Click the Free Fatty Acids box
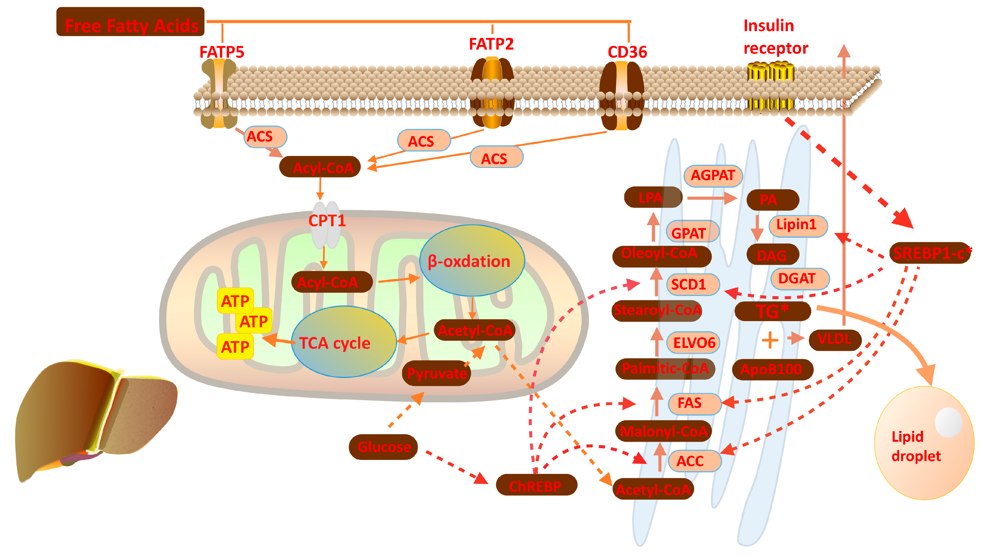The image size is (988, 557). (x=130, y=21)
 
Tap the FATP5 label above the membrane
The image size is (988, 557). (x=222, y=52)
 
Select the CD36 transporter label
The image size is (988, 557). (x=627, y=52)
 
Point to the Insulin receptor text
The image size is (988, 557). (x=776, y=37)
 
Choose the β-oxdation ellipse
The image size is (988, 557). (x=472, y=261)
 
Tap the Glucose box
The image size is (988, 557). (x=383, y=447)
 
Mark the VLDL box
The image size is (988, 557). (x=835, y=340)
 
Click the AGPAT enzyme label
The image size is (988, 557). (x=713, y=176)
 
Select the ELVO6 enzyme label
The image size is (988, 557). (x=693, y=342)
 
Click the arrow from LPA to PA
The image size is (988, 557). (x=712, y=198)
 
